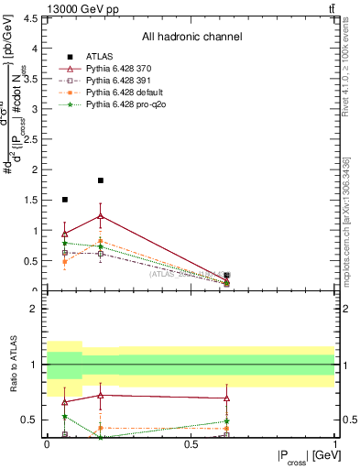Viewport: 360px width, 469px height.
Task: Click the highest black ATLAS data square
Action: click(x=101, y=180)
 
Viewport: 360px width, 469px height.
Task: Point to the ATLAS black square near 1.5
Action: click(x=64, y=199)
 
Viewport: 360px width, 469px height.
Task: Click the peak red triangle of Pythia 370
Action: click(x=101, y=216)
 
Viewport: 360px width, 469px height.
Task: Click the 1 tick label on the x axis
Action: click(x=334, y=444)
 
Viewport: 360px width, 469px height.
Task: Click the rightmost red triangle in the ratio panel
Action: click(x=226, y=398)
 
